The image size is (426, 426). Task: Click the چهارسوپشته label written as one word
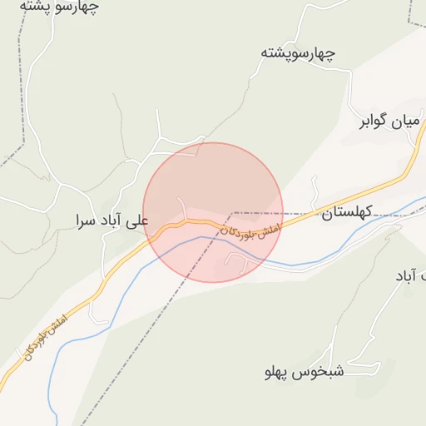298,53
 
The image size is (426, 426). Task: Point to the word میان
405,122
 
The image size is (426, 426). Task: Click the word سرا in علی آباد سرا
85,220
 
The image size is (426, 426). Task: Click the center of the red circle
213,212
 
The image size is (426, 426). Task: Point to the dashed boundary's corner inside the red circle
234,213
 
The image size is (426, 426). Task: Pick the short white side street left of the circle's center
184,207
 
